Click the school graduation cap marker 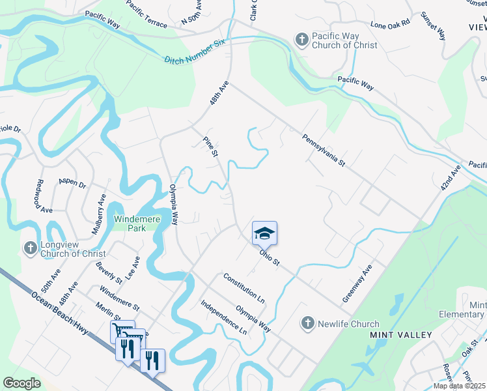click(265, 233)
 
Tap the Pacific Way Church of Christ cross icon click(301, 40)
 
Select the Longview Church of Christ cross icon click(30, 248)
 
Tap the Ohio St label click(269, 258)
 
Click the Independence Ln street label click(224, 317)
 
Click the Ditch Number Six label click(194, 51)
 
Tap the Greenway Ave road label click(357, 283)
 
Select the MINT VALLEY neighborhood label click(401, 335)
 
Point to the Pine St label click(210, 147)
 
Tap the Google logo click(21, 383)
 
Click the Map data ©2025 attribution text click(458, 386)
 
